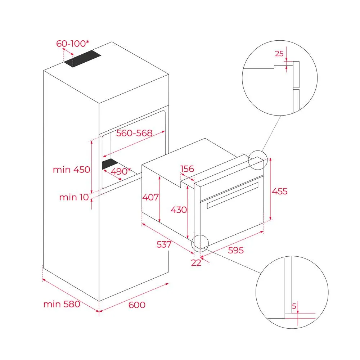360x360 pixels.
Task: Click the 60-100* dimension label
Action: pyautogui.click(x=73, y=44)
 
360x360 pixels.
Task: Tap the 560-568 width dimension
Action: pyautogui.click(x=135, y=133)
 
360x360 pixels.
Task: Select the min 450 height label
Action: pyautogui.click(x=72, y=170)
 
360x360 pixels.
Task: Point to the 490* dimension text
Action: pyautogui.click(x=121, y=171)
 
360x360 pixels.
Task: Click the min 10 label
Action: pyautogui.click(x=73, y=197)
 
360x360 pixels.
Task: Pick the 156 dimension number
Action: pyautogui.click(x=187, y=169)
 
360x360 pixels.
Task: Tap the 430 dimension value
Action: pyautogui.click(x=179, y=210)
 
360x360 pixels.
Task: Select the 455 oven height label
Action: pyautogui.click(x=280, y=191)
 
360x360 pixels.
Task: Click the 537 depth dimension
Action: pyautogui.click(x=164, y=245)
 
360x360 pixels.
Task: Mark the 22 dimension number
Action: pyautogui.click(x=196, y=263)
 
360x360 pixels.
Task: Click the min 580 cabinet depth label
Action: pyautogui.click(x=62, y=304)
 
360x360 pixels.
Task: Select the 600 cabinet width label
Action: pyautogui.click(x=137, y=305)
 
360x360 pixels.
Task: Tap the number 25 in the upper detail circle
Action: pyautogui.click(x=279, y=54)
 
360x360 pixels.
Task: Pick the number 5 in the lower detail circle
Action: pyautogui.click(x=294, y=307)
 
